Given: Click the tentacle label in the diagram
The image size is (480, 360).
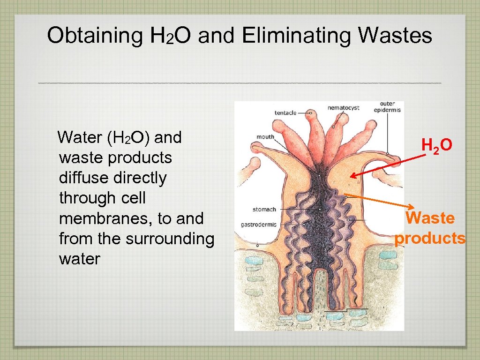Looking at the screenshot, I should (285, 113).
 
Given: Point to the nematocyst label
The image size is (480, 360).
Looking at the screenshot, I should (343, 108).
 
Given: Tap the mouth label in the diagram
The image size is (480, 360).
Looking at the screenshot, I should (265, 137).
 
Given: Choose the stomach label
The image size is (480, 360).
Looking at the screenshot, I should (264, 209).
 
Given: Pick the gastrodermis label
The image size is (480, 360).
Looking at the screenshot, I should (259, 225).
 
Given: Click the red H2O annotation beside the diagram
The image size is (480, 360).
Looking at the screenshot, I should (436, 146).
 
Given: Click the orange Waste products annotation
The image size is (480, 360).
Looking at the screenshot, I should (430, 228).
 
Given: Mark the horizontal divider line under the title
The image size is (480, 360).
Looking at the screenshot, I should (240, 83).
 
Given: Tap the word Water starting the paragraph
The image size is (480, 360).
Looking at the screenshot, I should (79, 138).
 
